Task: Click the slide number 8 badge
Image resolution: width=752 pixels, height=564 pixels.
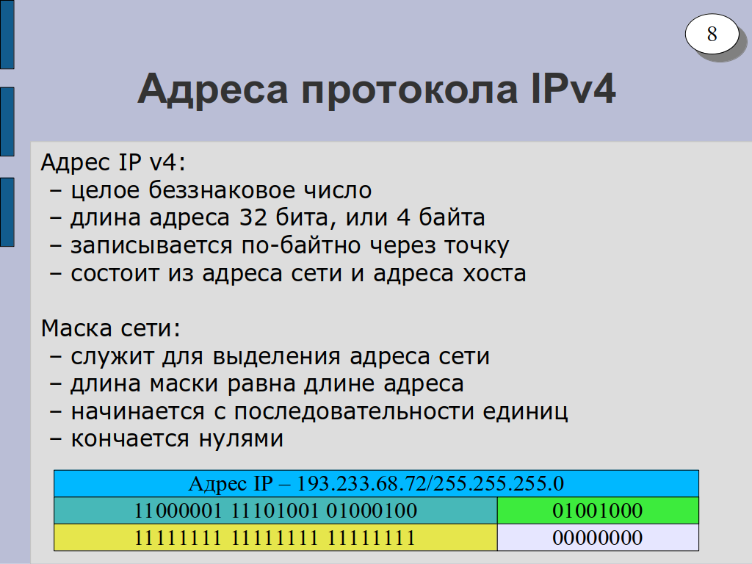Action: click(712, 34)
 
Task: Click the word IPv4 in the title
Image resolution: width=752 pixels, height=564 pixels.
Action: click(573, 89)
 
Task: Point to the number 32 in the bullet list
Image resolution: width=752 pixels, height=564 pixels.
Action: click(253, 217)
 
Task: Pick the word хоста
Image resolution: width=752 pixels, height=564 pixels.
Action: click(494, 274)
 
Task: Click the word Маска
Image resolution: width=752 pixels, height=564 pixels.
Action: click(76, 328)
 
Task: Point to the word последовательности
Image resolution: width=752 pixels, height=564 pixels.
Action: click(354, 412)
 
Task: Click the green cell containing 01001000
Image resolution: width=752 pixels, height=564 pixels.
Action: click(598, 510)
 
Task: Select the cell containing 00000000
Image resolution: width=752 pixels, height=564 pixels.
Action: click(598, 538)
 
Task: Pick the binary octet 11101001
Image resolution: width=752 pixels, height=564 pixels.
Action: click(275, 511)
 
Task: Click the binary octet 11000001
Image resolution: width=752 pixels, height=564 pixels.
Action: click(178, 511)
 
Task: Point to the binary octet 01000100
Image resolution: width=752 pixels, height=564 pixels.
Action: click(372, 511)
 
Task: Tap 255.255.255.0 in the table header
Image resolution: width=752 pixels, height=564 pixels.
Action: click(499, 483)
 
